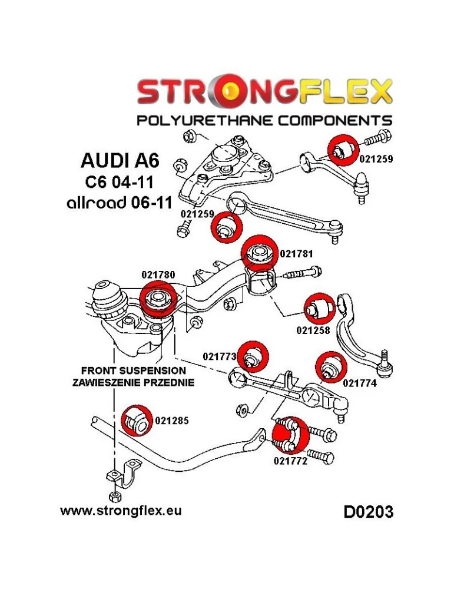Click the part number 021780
coord(158,274)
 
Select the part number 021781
coord(296,254)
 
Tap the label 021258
coord(313,330)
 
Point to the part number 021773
coord(219,356)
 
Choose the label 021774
coord(359,382)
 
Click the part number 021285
coord(172,421)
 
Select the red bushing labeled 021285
coord(137,421)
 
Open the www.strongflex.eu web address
coord(121,509)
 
